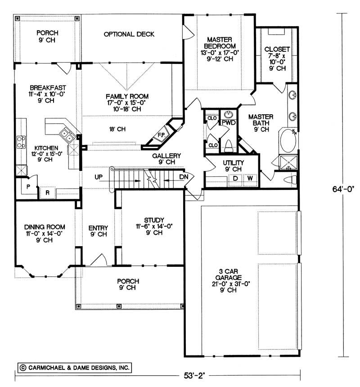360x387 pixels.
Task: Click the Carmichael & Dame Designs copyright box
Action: coord(74,368)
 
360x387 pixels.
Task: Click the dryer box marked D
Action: coord(235,178)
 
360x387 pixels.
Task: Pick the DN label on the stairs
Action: coord(183,177)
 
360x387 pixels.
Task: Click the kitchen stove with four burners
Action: coord(21,142)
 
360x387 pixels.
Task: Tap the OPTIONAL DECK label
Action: coord(129,34)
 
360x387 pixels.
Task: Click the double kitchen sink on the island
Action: coord(65,133)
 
